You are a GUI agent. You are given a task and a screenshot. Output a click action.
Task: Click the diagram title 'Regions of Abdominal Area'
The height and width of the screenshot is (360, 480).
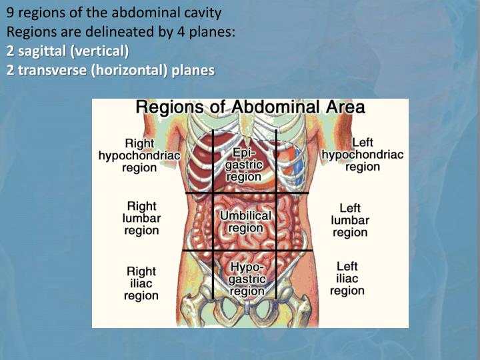250,107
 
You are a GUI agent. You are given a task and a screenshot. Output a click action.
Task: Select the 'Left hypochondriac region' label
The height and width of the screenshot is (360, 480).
362,155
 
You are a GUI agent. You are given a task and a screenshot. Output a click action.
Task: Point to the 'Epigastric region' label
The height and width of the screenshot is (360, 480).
244,164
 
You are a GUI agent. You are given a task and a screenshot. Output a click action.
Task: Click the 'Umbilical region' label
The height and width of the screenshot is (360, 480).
245,222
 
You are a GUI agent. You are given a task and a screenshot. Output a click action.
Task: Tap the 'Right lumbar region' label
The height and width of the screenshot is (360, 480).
141,218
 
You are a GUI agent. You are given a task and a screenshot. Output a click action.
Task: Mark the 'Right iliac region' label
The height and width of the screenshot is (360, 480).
141,283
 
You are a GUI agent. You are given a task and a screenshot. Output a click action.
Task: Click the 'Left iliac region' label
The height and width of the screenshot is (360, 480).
347,279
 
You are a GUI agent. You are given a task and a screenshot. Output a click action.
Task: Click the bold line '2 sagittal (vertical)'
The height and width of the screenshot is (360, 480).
68,51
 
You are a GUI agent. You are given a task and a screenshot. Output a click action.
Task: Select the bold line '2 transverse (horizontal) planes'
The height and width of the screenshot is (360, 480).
111,70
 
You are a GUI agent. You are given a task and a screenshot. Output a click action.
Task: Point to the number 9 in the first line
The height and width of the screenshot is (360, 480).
10,13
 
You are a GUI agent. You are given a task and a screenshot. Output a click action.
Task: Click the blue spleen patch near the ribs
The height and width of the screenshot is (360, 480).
299,164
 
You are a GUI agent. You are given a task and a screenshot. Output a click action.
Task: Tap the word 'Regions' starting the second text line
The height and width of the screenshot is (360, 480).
28,31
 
